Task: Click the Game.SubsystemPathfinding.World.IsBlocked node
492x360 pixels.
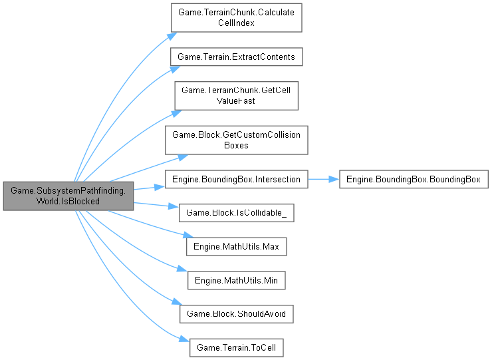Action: [68, 196]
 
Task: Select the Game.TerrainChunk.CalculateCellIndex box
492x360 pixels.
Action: [237, 18]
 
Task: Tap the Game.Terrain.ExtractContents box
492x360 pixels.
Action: [237, 57]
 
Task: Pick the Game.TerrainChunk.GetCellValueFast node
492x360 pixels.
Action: [237, 96]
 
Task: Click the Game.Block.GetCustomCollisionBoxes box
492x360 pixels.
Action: [237, 140]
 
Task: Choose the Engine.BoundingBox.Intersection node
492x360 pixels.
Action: [237, 179]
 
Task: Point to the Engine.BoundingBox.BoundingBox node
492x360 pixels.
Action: [414, 179]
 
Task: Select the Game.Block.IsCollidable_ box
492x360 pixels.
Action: [237, 213]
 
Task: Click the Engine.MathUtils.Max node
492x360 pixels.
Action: [237, 247]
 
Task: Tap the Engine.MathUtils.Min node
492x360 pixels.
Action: [237, 281]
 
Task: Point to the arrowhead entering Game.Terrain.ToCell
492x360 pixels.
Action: [185, 341]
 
